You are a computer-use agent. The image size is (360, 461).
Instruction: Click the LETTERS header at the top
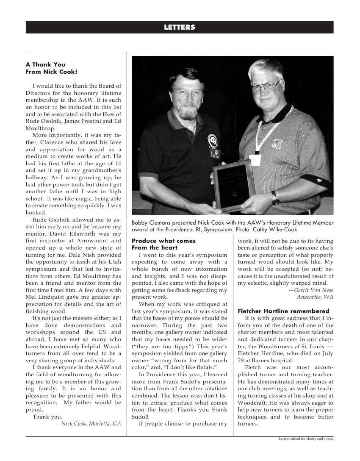pos(180,28)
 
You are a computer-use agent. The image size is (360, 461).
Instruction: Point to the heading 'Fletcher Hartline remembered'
pos(283,311)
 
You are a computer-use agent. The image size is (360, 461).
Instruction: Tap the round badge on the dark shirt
pos(212,140)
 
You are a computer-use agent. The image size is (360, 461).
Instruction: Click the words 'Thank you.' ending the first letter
pos(47,417)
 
